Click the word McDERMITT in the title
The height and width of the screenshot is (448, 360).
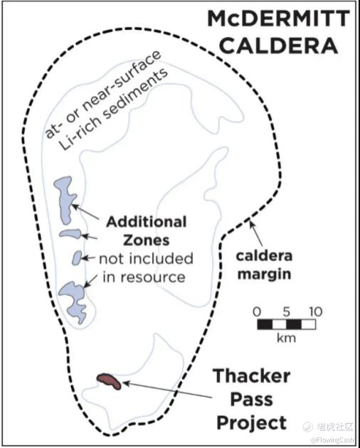(279, 18)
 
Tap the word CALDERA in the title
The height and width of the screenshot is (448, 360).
(280, 46)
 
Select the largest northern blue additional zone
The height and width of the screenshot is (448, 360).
(65, 199)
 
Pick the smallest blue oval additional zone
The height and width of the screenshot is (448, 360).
(77, 258)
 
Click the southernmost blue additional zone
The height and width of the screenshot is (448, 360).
(74, 302)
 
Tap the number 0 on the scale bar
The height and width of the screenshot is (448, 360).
(257, 311)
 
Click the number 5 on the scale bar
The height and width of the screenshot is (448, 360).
(287, 311)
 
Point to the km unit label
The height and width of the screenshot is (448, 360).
(286, 338)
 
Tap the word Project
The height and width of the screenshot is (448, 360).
(252, 422)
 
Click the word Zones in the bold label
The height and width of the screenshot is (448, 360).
(146, 240)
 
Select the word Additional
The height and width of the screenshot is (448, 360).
(146, 222)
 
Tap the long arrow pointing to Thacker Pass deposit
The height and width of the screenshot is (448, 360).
(168, 390)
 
